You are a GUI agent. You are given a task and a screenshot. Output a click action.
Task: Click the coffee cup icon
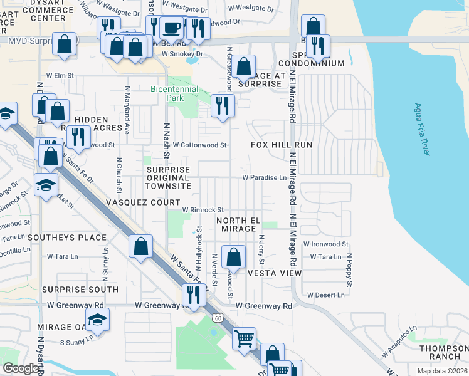(171, 28)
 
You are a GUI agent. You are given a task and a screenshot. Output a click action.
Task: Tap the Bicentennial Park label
(174, 94)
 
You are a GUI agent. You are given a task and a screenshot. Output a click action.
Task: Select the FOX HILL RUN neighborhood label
(282, 145)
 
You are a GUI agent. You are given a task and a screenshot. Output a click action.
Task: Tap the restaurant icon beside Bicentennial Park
(221, 105)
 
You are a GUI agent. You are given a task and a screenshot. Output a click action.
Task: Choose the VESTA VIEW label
(274, 274)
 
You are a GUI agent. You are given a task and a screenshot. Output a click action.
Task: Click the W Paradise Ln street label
(268, 178)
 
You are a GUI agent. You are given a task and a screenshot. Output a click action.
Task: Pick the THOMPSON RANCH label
(443, 353)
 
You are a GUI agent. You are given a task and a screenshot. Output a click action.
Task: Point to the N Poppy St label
(350, 271)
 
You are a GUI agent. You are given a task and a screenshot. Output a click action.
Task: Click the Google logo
(21, 368)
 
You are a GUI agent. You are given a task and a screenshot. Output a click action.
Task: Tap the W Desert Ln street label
(325, 295)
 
